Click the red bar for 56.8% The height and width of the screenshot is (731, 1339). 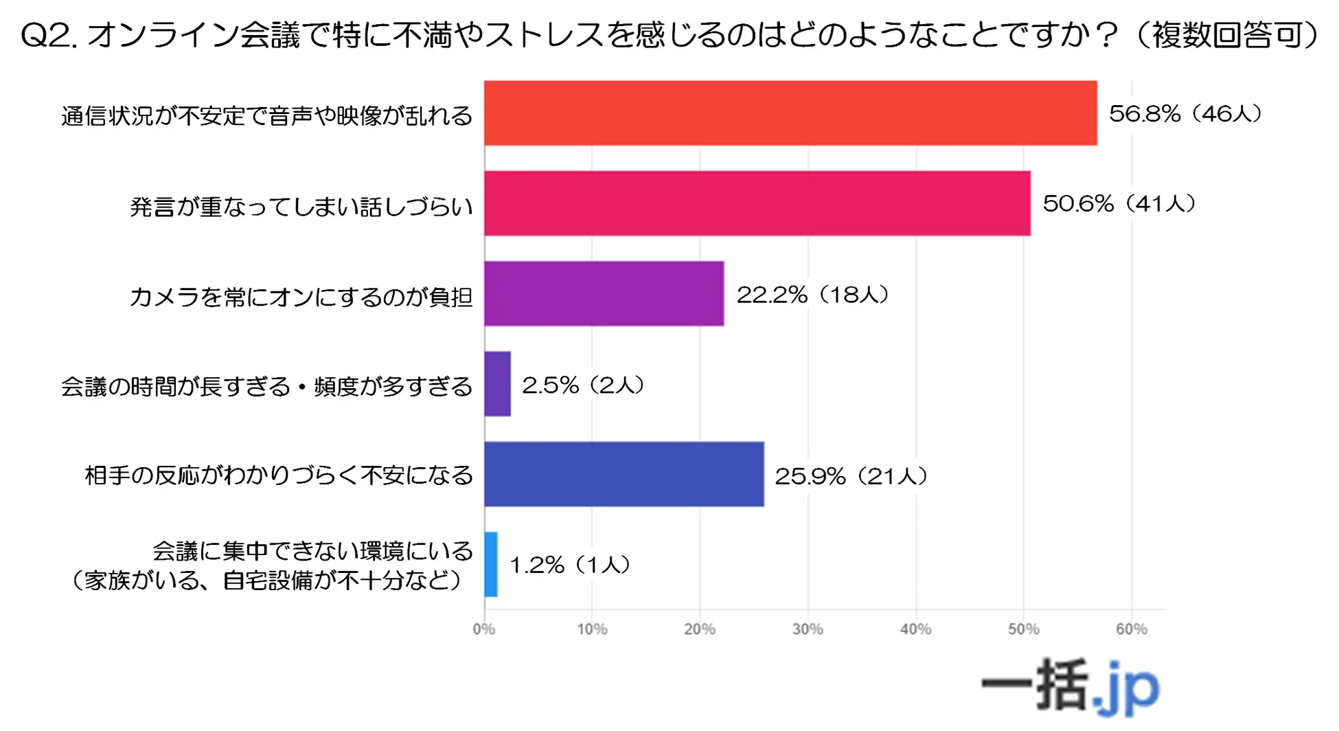790,113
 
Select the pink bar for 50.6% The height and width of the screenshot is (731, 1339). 757,203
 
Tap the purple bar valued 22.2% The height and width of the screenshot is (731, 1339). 604,293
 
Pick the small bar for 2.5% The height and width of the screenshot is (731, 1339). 497,384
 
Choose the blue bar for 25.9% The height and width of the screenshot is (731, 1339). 623,474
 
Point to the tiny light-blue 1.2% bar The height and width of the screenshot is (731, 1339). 491,564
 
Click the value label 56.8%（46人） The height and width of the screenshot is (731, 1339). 1185,113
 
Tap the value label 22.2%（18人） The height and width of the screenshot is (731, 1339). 812,295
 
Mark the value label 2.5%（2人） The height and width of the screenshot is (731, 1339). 583,385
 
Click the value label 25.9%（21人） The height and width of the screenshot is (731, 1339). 851,475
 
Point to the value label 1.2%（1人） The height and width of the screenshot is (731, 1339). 569,565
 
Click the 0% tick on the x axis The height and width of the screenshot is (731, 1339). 483,629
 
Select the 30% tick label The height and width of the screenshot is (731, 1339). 808,629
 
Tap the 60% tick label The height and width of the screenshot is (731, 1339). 1131,629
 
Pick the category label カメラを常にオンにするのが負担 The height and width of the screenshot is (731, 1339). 301,297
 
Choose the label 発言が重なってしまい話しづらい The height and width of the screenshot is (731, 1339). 301,206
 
